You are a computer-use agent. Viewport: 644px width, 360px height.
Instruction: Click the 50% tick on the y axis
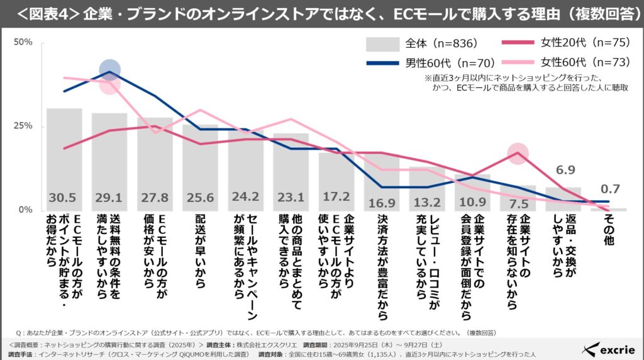click(x=23, y=42)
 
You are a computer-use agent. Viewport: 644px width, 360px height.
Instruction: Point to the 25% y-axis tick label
click(x=23, y=126)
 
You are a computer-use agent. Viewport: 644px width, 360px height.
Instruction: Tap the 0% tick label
click(x=26, y=210)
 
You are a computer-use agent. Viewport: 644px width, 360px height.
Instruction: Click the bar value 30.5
click(x=64, y=198)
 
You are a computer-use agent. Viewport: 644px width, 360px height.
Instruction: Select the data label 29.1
click(x=109, y=198)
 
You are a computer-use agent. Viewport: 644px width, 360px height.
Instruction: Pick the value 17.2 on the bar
click(x=336, y=198)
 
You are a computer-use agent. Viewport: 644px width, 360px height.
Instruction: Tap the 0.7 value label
click(x=609, y=188)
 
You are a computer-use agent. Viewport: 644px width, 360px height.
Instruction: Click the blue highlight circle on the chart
click(x=109, y=70)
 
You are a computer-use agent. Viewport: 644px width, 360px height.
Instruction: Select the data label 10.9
click(x=472, y=202)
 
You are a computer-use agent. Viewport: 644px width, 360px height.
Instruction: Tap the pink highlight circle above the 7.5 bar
click(x=518, y=153)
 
